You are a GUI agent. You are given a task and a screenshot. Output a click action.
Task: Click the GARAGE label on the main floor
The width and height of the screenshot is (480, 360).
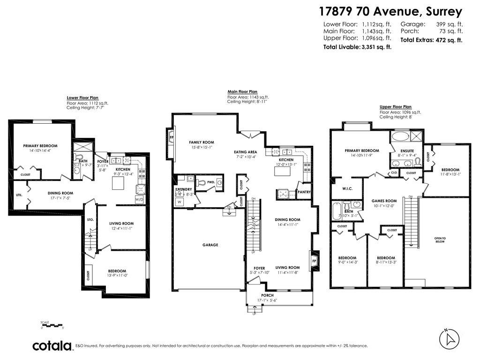(x=210, y=245)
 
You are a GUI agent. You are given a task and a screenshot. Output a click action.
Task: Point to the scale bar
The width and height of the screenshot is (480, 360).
(x=52, y=324)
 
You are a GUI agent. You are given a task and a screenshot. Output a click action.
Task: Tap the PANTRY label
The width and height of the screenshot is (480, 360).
(x=304, y=192)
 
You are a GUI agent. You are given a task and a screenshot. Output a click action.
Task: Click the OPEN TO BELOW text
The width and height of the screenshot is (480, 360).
(x=440, y=240)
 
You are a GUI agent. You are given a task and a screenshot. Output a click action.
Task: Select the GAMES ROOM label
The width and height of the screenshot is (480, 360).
(x=384, y=201)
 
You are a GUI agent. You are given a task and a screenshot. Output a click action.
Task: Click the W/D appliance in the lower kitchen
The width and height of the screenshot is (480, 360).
(x=140, y=199)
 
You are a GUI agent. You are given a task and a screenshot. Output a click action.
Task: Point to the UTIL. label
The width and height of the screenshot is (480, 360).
(x=19, y=195)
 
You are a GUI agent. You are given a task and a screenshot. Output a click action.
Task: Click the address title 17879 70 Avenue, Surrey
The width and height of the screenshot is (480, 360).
(x=390, y=11)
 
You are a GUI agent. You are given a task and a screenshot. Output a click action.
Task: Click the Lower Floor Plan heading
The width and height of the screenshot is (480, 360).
(x=82, y=98)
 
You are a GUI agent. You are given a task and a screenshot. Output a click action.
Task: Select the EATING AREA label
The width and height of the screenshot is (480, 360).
(x=246, y=152)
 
